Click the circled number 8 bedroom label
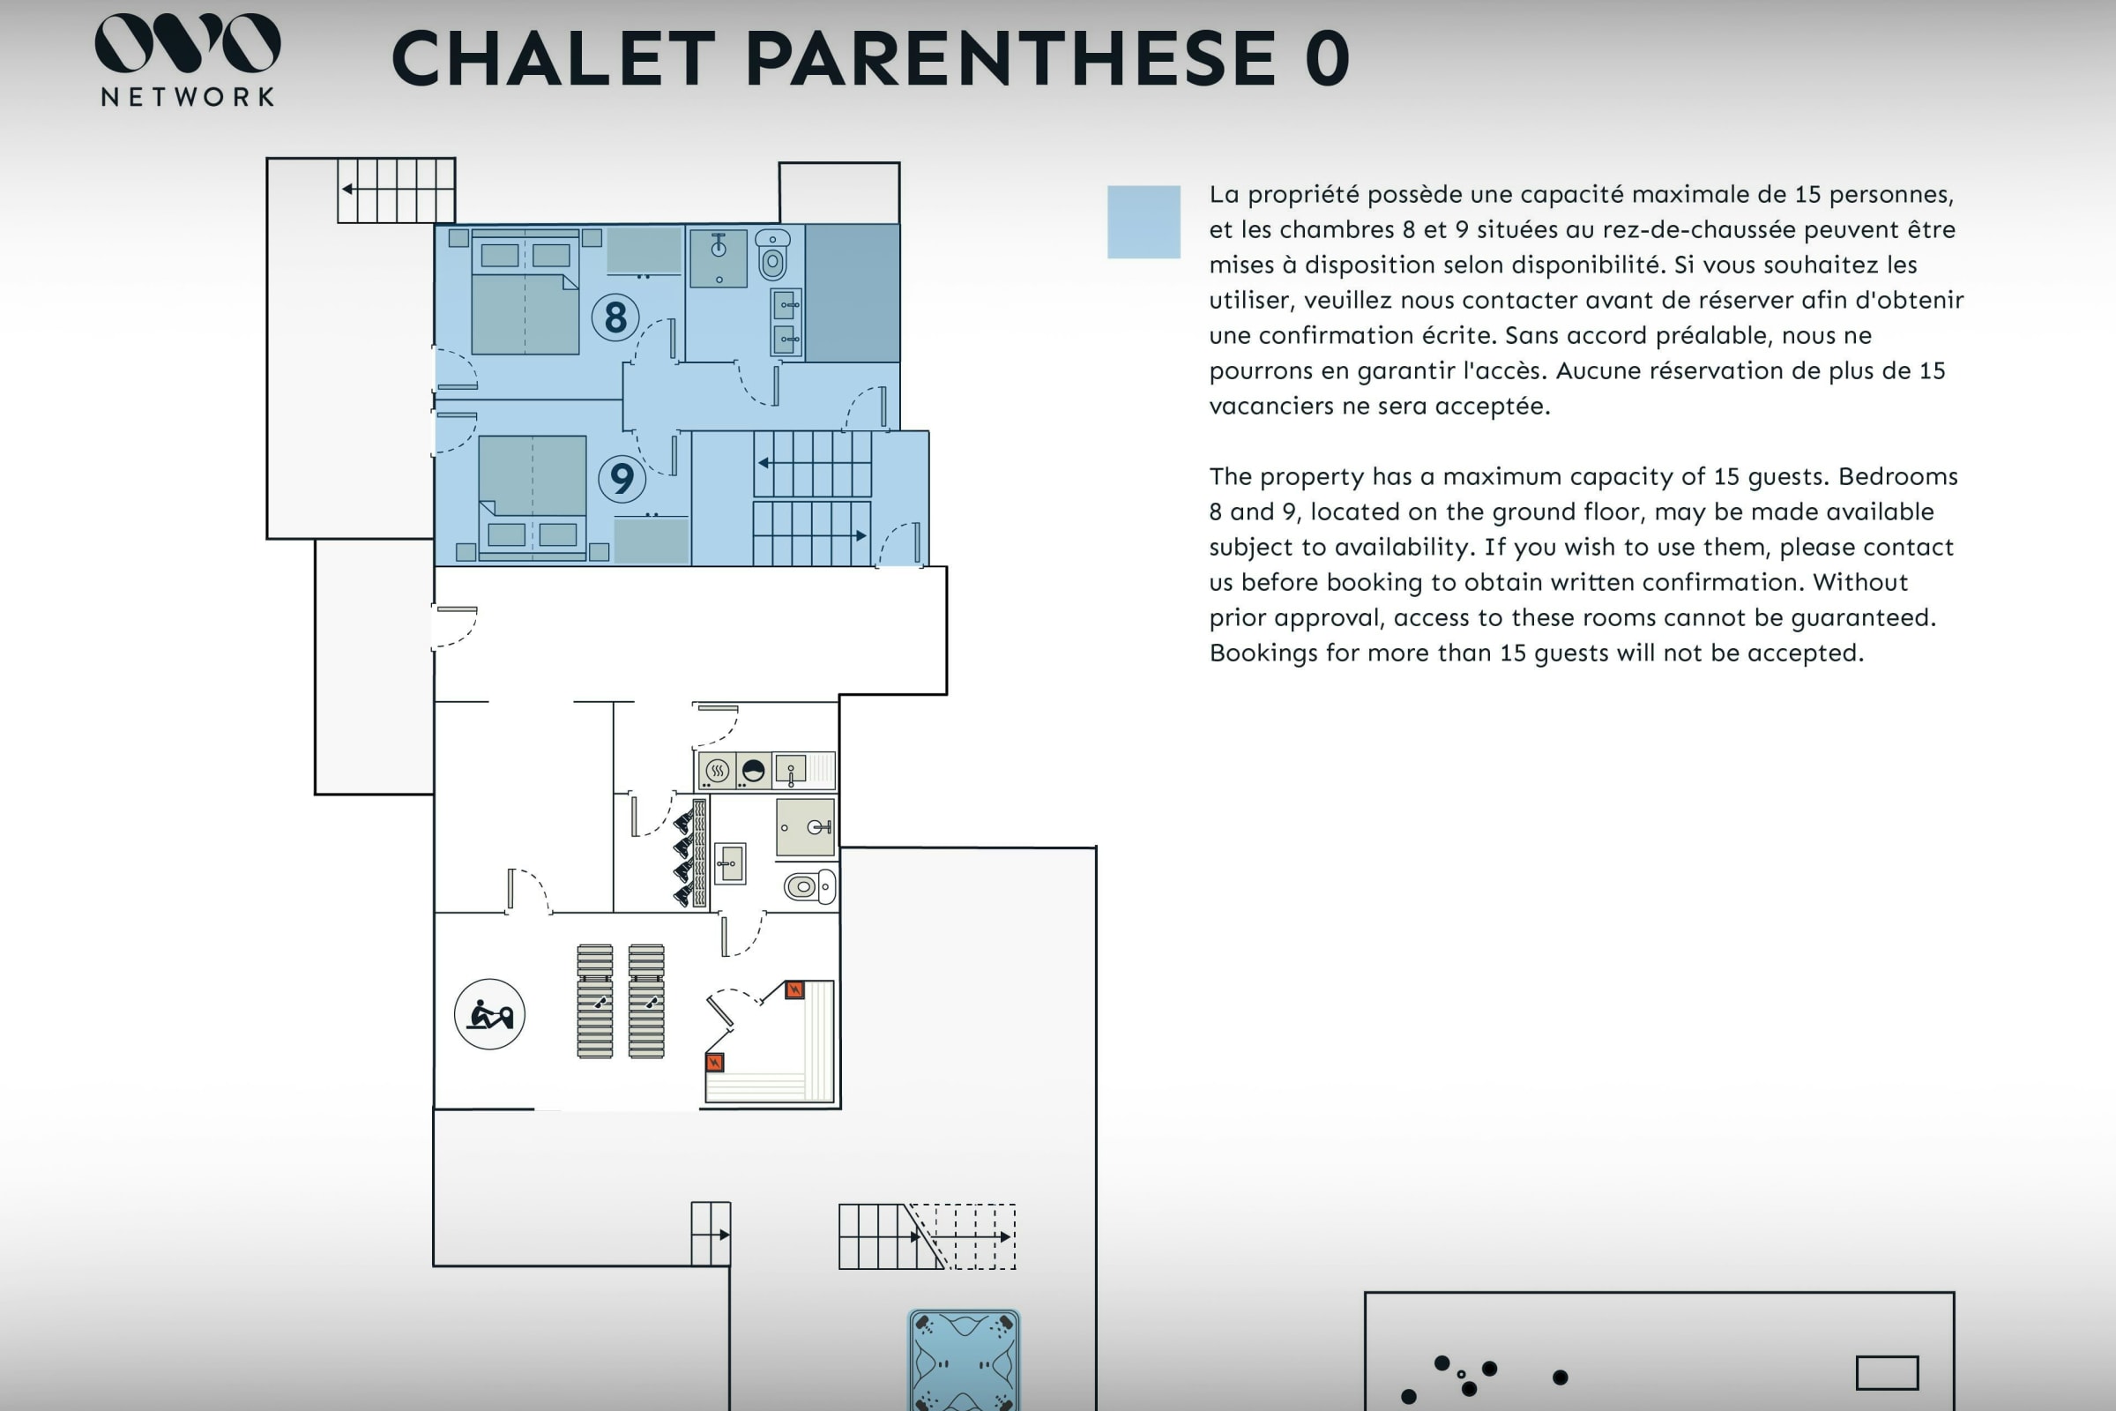(x=615, y=317)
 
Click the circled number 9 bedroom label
(x=622, y=478)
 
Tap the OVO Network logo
(x=187, y=59)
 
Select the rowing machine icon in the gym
(x=489, y=1014)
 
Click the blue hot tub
(x=964, y=1360)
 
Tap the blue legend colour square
(x=1144, y=222)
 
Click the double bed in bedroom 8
(x=525, y=294)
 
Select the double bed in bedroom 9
(x=533, y=497)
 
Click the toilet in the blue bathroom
(x=773, y=255)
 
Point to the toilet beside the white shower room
(x=809, y=886)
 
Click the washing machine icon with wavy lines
(x=717, y=770)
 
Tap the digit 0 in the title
(x=1328, y=59)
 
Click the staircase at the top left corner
(x=396, y=190)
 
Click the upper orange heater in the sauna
(x=794, y=989)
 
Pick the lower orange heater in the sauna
(x=715, y=1062)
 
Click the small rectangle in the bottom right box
(x=1888, y=1373)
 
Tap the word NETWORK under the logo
(x=187, y=97)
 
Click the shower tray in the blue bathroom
(x=719, y=258)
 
